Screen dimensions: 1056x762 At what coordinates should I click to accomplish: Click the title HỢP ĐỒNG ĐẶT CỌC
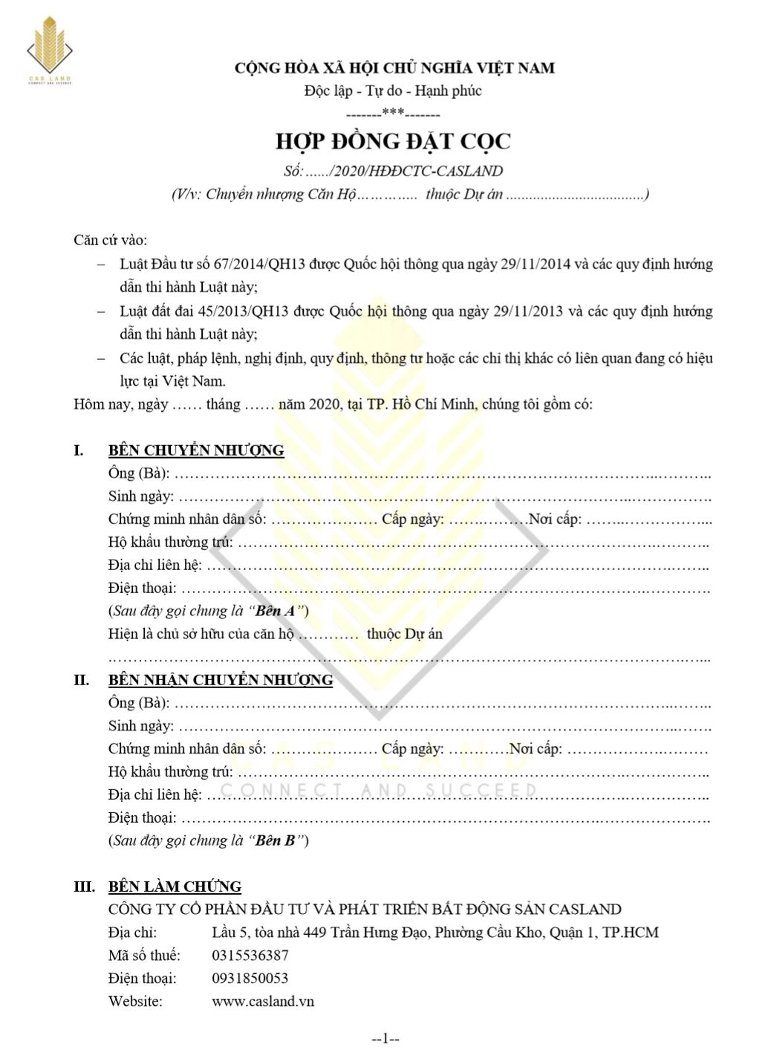tap(393, 141)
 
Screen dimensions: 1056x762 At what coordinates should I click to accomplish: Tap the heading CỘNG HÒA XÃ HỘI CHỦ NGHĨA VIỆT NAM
tap(394, 68)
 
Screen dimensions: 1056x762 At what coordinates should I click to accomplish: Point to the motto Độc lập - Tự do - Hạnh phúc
tap(393, 91)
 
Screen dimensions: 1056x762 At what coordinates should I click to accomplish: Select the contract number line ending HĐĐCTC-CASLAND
tap(393, 171)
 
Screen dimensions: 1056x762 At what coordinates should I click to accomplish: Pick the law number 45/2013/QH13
tap(247, 311)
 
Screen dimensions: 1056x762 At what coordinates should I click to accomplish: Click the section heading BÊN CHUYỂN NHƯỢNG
tap(196, 450)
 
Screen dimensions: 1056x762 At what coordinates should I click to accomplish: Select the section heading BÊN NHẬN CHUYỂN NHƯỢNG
tap(221, 680)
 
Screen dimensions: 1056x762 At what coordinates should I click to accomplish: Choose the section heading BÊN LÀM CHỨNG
tap(175, 887)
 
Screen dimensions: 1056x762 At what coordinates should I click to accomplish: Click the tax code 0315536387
tap(250, 956)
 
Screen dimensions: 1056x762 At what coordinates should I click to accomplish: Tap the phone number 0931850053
tap(250, 979)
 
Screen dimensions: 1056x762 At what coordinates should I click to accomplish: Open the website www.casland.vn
tap(263, 1002)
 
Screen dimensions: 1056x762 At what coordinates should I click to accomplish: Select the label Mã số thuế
tap(144, 956)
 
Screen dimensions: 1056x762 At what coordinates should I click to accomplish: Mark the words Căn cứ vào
tap(111, 241)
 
